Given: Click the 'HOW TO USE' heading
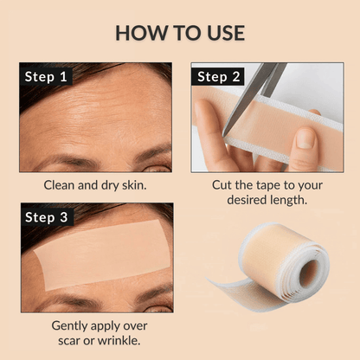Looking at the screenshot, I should pyautogui.click(x=180, y=33).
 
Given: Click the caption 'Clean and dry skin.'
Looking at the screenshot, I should pyautogui.click(x=95, y=184).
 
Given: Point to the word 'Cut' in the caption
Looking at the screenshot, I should pyautogui.click(x=224, y=184).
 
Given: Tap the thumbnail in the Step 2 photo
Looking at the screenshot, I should pyautogui.click(x=304, y=138).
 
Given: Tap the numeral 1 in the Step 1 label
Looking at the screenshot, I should pyautogui.click(x=62, y=76).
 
